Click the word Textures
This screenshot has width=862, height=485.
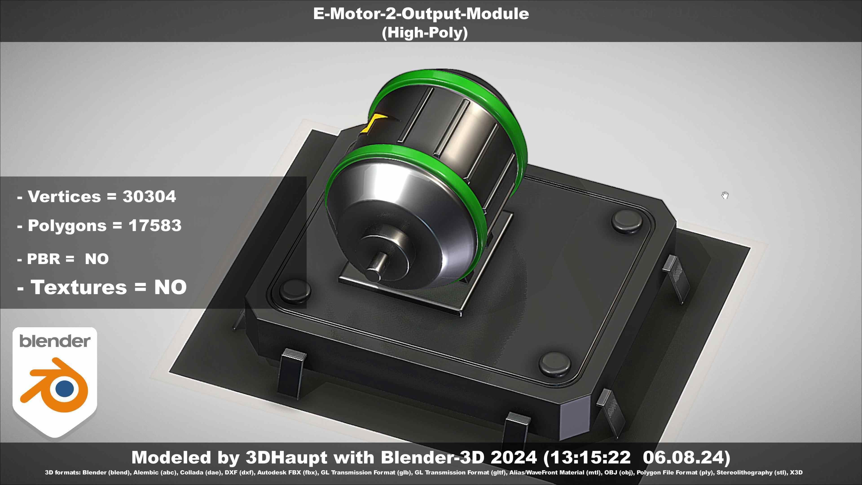click(x=79, y=287)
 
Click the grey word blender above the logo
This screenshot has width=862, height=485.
click(x=55, y=341)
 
